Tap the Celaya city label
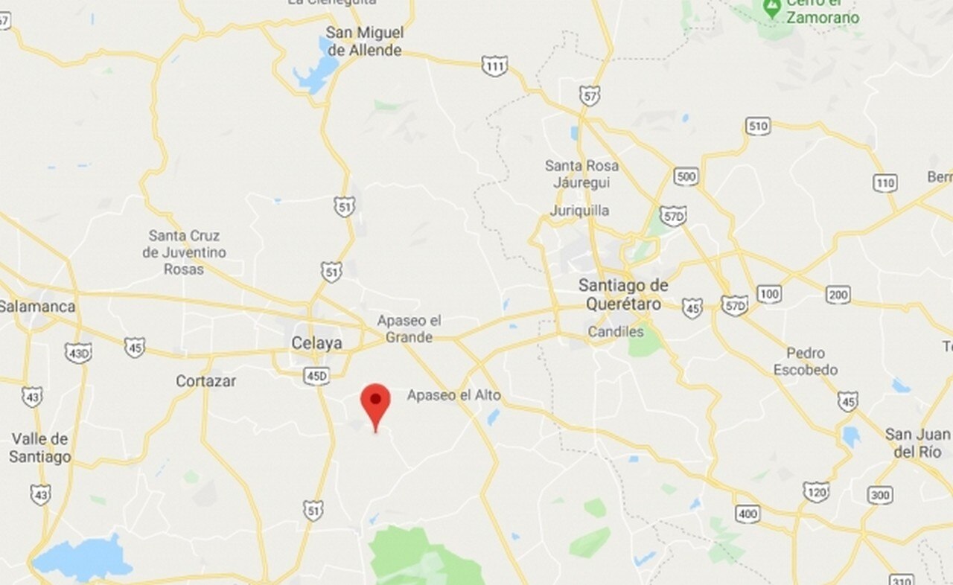tap(316, 343)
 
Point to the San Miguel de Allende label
tap(365, 42)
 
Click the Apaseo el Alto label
tap(453, 395)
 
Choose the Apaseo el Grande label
tap(409, 329)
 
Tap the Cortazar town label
tap(205, 381)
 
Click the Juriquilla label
tap(579, 211)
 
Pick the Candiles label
tap(616, 332)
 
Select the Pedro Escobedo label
tap(805, 361)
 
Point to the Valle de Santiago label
tap(39, 447)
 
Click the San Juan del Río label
tap(917, 443)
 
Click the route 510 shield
tap(758, 127)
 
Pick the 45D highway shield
tap(316, 377)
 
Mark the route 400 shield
tap(748, 514)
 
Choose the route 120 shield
tap(816, 491)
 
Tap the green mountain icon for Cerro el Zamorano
tap(773, 8)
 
